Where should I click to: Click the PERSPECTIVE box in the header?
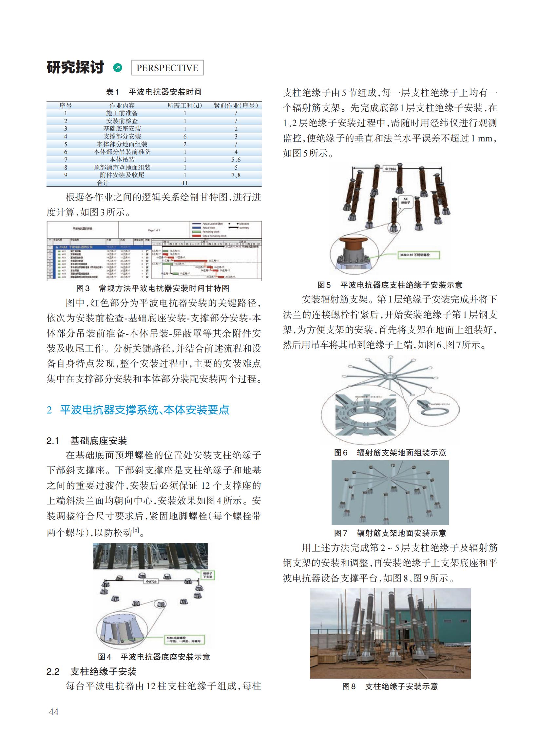(x=167, y=68)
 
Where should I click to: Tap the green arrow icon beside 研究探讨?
(x=118, y=68)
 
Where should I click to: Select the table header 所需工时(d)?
(x=184, y=105)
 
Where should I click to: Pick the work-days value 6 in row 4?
(x=185, y=137)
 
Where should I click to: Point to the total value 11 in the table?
(x=185, y=183)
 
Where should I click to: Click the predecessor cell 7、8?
(x=236, y=175)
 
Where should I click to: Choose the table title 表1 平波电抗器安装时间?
(x=154, y=92)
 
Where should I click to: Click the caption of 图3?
(x=153, y=288)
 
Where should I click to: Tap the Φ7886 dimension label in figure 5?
(x=391, y=169)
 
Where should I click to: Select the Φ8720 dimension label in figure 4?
(x=151, y=581)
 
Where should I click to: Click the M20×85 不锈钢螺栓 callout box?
(x=419, y=255)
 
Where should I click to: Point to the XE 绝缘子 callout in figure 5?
(x=406, y=201)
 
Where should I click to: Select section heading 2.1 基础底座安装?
(x=86, y=441)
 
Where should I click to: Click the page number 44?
(x=54, y=712)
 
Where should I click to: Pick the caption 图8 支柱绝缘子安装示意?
(x=390, y=686)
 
